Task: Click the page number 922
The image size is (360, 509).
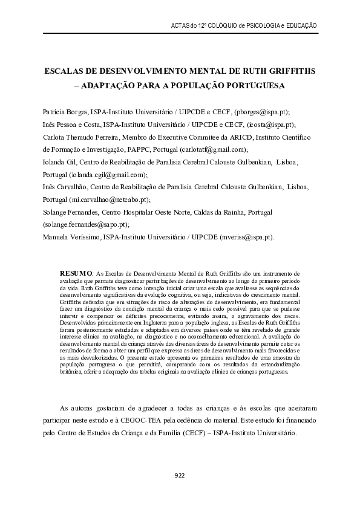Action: pyautogui.click(x=180, y=475)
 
